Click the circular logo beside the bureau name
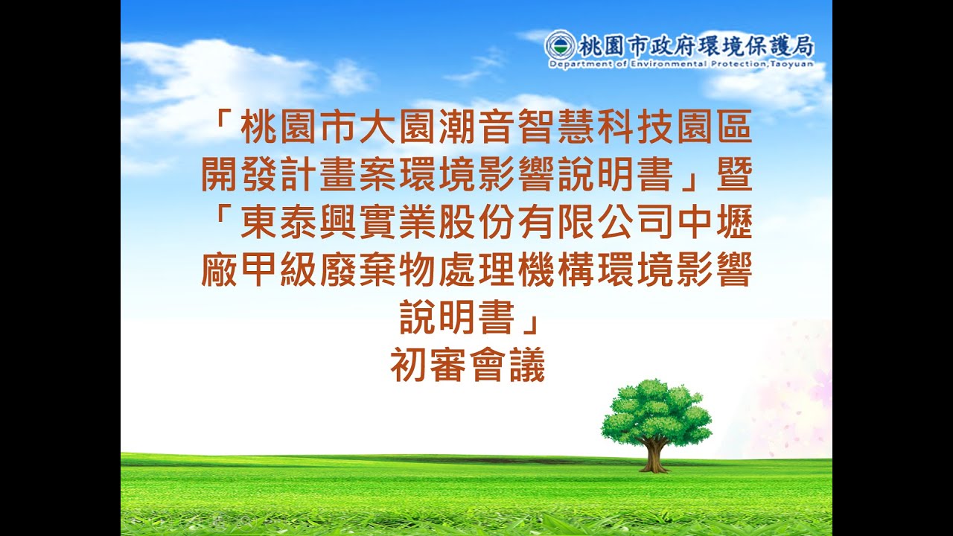(x=559, y=46)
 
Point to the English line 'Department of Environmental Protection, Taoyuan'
(x=680, y=65)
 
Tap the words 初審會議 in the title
(x=468, y=366)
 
